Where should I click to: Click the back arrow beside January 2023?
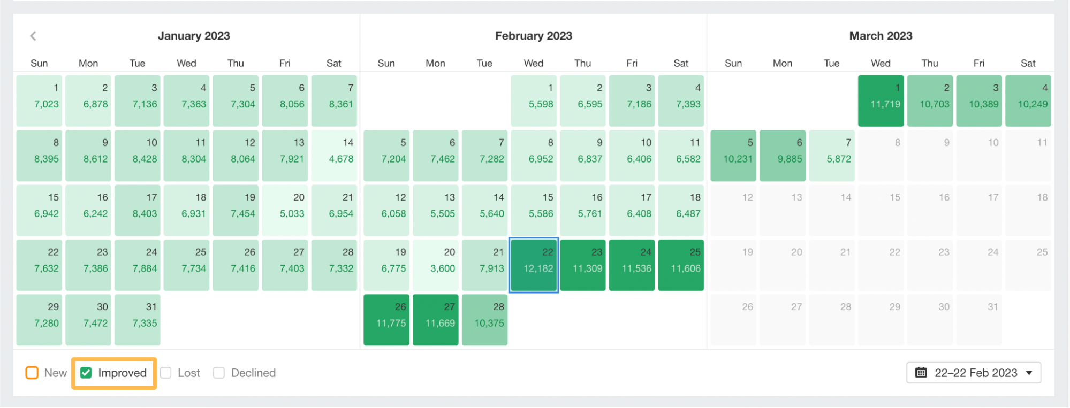coord(33,36)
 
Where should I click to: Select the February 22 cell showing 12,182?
coord(534,265)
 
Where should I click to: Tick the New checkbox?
coord(32,373)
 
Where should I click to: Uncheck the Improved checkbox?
coord(86,373)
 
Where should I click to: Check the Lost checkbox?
coord(166,373)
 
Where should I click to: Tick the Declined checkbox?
coord(219,373)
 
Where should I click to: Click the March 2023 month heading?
coord(881,36)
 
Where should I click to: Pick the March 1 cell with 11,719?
coord(881,101)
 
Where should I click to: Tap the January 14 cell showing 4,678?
coord(334,156)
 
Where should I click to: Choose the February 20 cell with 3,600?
coord(436,265)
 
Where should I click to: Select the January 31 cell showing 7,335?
coord(138,320)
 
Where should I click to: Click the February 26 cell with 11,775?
coord(386,320)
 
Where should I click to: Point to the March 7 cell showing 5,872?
coord(832,156)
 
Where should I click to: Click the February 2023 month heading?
coord(533,36)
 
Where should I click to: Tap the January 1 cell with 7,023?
coord(39,101)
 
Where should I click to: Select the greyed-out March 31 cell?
coord(979,320)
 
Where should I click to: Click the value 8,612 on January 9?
coord(95,159)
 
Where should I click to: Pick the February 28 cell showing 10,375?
coord(484,320)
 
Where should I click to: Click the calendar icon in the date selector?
coord(921,373)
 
